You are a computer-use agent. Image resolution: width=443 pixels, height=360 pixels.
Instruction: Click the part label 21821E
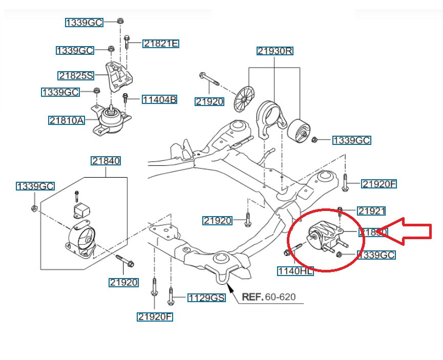tap(161, 44)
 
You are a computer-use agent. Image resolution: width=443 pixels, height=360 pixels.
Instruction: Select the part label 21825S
tap(76, 76)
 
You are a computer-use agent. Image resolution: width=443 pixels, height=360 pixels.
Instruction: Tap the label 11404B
tap(159, 100)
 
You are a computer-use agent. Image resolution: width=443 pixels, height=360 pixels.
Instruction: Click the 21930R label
tap(275, 51)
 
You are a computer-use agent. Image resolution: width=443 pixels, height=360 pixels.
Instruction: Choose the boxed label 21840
tap(106, 161)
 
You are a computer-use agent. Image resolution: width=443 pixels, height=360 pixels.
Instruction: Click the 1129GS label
tap(206, 298)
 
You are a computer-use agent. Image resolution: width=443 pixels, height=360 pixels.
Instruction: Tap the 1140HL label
tap(295, 271)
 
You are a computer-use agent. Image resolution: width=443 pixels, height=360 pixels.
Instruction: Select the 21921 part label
tap(371, 210)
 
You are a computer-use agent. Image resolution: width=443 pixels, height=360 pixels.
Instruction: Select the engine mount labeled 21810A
tap(110, 122)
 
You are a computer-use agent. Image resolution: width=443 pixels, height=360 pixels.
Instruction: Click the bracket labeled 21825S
tap(118, 76)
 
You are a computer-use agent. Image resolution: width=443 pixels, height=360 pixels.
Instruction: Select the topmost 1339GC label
tap(84, 23)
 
